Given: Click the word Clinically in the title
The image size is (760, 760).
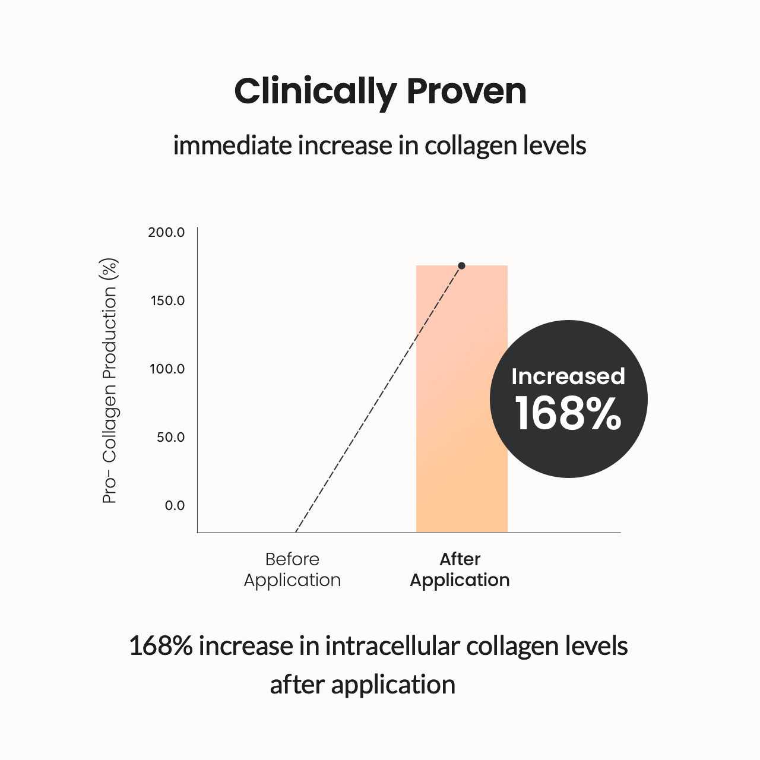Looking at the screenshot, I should point(315,92).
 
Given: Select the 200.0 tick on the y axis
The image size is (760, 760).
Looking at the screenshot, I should point(166,232).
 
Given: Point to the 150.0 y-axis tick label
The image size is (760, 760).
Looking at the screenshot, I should point(167,300).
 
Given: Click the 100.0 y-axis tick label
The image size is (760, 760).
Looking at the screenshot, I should point(167,369).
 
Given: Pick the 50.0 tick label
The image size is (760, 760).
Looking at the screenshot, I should point(170,437).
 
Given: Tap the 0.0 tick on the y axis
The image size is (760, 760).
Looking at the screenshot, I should point(175,505).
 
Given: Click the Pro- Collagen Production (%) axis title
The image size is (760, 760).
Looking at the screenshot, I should point(110,381).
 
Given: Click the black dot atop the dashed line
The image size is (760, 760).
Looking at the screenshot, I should point(461,265).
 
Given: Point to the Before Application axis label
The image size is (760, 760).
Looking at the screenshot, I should point(292,569).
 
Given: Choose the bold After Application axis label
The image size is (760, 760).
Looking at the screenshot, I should point(460,569).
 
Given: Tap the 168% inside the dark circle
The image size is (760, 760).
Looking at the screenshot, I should point(568,414).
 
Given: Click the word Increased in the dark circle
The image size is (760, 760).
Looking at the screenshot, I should point(568,376).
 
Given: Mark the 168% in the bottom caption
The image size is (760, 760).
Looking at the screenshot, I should point(160,646).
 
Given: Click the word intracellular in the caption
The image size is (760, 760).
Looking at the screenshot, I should point(392,646).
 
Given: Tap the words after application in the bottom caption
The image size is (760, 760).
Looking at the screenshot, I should point(362,685).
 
